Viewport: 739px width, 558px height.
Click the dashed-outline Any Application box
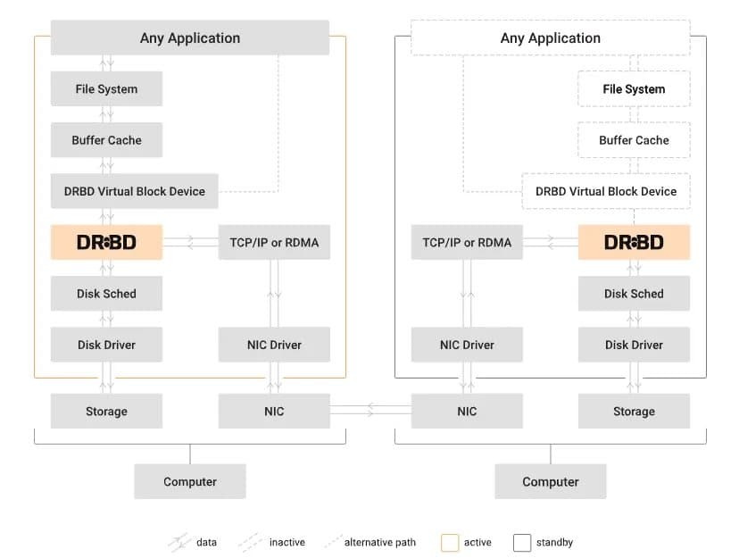(x=550, y=38)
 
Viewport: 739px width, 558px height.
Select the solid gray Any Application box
(x=190, y=38)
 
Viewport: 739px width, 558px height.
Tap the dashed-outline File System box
(x=634, y=89)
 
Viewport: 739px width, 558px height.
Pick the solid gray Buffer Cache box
(x=106, y=140)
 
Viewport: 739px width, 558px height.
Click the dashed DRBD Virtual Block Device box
(x=606, y=191)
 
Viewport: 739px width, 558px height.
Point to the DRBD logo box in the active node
(x=106, y=242)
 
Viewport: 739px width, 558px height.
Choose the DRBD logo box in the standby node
(x=634, y=242)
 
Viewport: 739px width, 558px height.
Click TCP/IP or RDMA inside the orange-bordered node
(x=274, y=242)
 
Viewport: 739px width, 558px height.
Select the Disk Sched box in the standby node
(x=634, y=294)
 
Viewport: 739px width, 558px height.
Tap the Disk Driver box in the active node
(x=106, y=345)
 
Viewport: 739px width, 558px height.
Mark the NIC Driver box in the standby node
(x=467, y=345)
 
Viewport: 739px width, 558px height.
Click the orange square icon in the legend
(x=450, y=542)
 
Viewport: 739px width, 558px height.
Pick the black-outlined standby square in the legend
(x=522, y=542)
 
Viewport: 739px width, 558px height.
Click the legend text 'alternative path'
(x=379, y=542)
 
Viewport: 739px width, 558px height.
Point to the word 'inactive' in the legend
(x=286, y=542)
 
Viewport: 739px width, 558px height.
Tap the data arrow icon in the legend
(x=179, y=542)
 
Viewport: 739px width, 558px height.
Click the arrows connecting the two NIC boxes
(x=370, y=411)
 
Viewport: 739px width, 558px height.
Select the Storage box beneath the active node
(x=106, y=412)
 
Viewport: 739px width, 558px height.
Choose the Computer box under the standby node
(x=550, y=481)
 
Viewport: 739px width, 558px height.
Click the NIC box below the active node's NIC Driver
(x=274, y=412)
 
